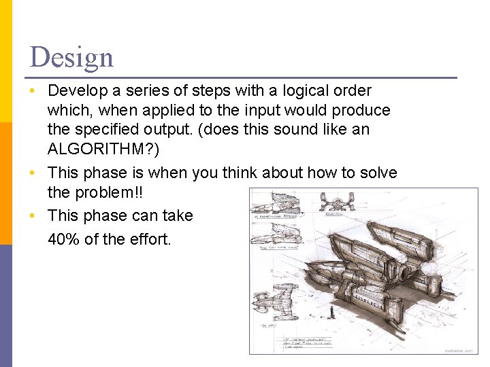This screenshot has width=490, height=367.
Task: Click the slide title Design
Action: (x=71, y=57)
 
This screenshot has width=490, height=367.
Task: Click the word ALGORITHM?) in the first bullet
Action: (x=103, y=150)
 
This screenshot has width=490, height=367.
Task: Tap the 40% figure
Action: (x=64, y=239)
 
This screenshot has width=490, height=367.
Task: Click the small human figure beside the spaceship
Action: (x=331, y=313)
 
